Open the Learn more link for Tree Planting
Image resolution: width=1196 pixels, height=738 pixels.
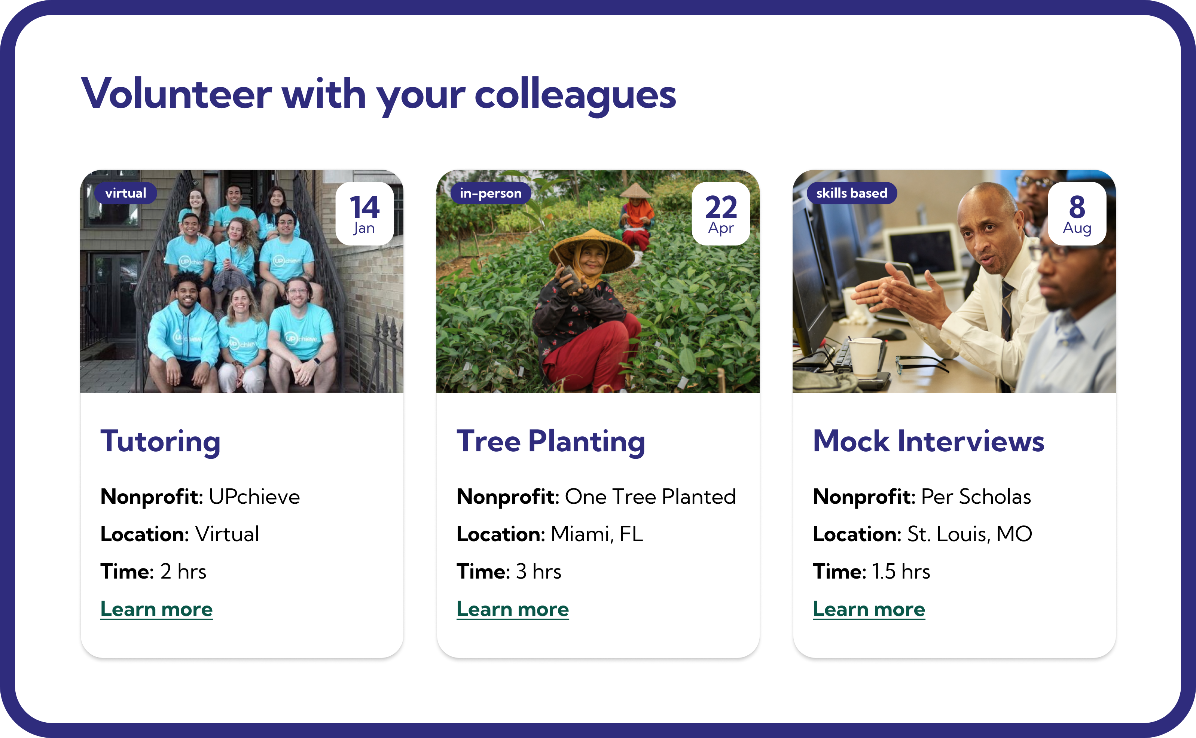click(x=513, y=609)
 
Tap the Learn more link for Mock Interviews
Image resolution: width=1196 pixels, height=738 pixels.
click(x=869, y=609)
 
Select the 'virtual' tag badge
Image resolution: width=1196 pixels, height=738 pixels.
click(x=125, y=193)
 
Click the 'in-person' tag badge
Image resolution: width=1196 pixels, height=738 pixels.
click(x=490, y=193)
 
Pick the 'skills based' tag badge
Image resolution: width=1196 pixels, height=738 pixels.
click(x=851, y=193)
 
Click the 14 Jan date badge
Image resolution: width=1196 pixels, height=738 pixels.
click(x=364, y=214)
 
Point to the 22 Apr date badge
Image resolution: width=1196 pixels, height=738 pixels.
click(x=721, y=214)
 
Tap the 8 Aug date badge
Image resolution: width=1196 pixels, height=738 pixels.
click(x=1077, y=214)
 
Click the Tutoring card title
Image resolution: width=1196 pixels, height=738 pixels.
click(x=161, y=442)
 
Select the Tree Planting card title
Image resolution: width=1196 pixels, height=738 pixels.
click(x=551, y=442)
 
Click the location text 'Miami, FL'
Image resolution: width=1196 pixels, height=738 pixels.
click(x=597, y=534)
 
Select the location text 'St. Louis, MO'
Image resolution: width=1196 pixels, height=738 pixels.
click(x=970, y=534)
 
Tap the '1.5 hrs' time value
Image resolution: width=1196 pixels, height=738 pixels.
click(x=901, y=571)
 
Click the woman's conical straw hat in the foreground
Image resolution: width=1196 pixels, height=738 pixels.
click(x=591, y=249)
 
